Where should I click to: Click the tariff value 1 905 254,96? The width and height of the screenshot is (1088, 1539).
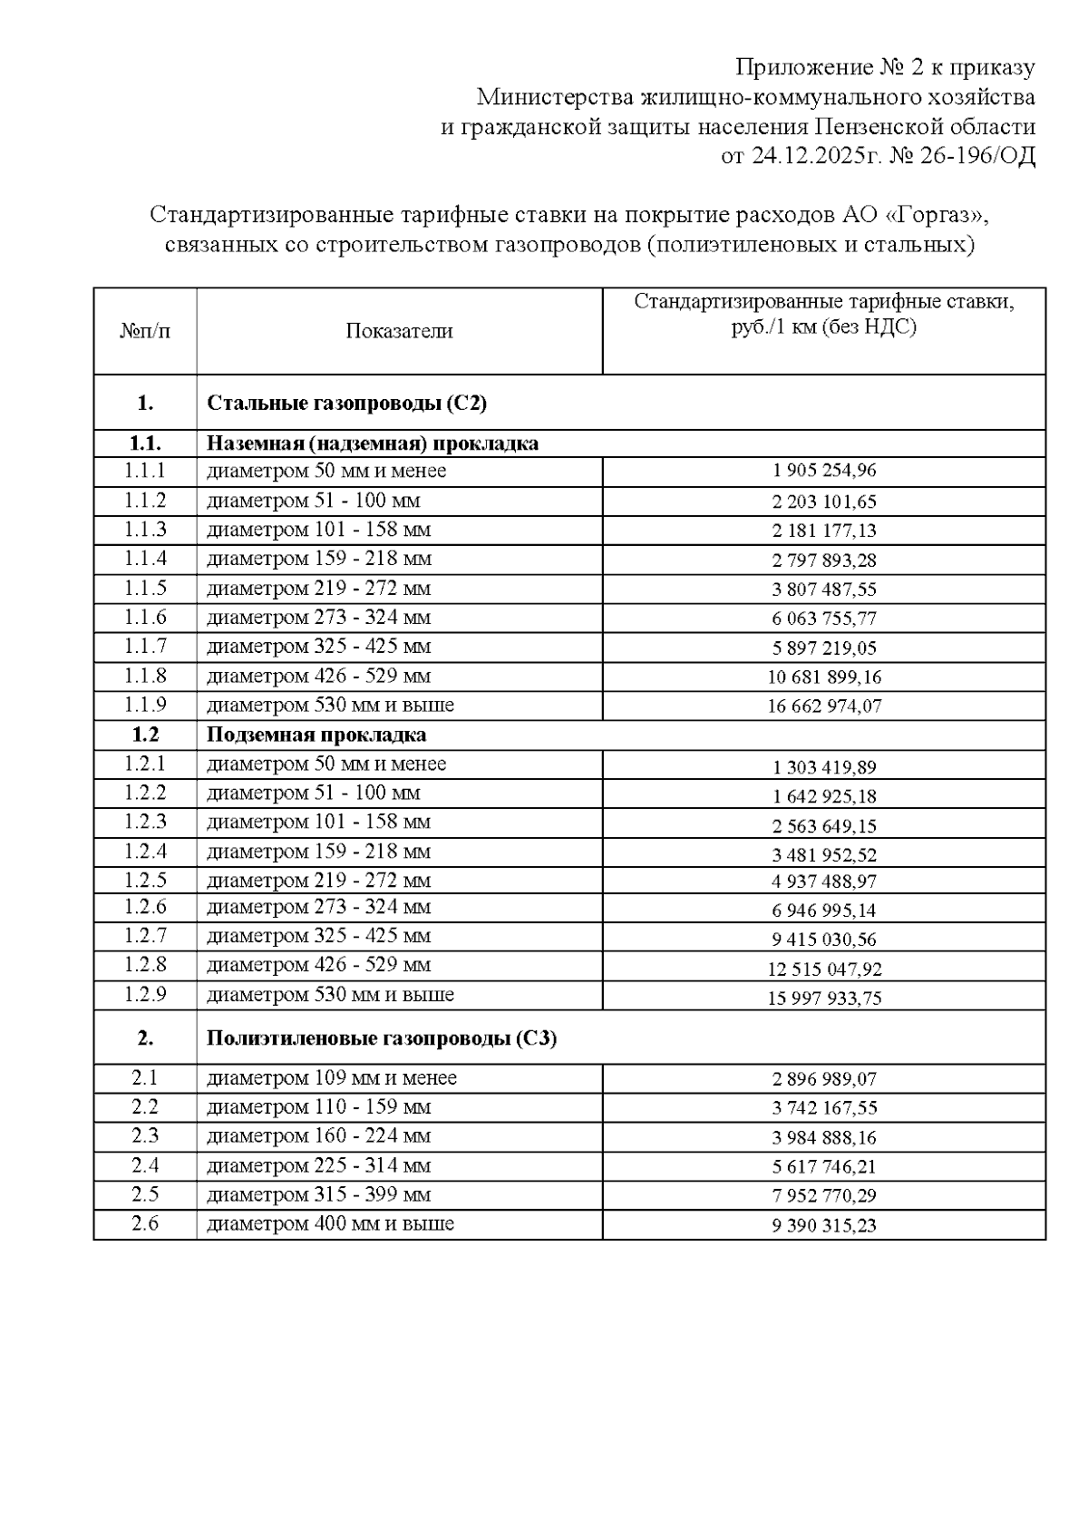824,471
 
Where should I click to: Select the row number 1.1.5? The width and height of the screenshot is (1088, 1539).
145,589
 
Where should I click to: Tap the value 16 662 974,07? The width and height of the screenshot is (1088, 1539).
824,706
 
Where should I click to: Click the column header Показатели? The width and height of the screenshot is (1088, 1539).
399,331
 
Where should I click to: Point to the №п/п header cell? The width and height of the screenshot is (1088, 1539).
145,331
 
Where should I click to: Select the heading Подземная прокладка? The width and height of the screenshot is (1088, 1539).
316,735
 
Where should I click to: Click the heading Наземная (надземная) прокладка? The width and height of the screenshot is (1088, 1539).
373,443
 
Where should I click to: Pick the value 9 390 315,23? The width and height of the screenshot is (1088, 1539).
824,1225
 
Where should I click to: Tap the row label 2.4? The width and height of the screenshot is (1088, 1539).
145,1165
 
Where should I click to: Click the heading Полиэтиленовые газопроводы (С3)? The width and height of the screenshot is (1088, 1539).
382,1038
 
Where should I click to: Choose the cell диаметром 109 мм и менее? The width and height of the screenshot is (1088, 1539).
332,1078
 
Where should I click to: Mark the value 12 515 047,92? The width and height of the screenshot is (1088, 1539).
824,969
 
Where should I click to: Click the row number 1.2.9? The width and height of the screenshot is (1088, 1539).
145,995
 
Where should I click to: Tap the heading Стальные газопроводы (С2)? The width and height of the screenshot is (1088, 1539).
346,404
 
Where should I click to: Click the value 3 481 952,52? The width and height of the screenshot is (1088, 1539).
824,854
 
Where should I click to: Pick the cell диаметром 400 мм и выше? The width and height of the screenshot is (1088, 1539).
330,1224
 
